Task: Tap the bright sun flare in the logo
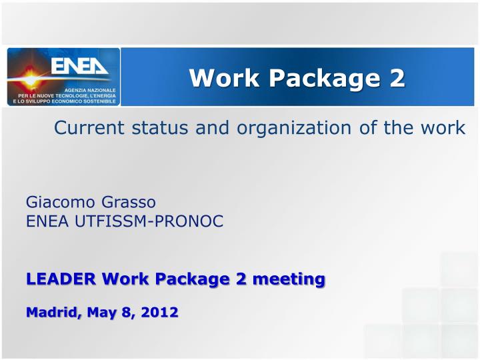30,79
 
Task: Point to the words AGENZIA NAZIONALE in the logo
89,89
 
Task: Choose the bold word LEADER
58,278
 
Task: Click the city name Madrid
49,311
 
